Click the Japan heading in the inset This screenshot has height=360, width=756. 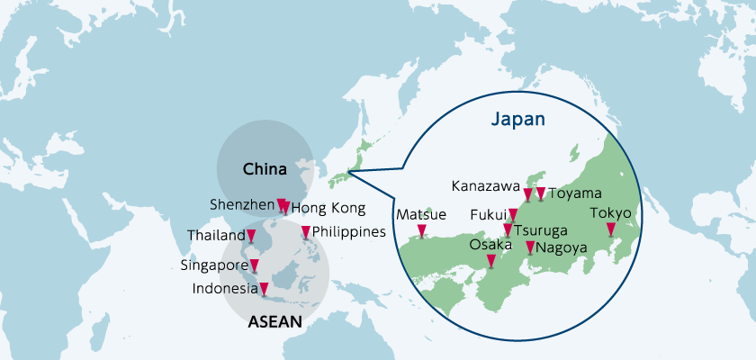pos(519,118)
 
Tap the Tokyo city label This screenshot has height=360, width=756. pos(611,213)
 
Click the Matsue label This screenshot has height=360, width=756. pos(420,214)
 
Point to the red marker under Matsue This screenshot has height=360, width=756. pos(421,231)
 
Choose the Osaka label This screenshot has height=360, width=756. pos(491,245)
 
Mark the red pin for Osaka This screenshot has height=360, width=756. pos(490,261)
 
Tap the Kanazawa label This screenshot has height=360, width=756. pos(486,187)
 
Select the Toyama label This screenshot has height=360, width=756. pos(575,193)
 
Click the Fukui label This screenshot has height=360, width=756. pos(488,215)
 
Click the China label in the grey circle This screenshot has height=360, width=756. pos(265,169)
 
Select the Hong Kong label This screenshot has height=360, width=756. pos(328,209)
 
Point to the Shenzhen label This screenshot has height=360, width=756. pos(241,204)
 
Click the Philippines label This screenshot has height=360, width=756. pos(349,231)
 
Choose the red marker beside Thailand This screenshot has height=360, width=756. pos(252,237)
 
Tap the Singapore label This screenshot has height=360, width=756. pos(214,265)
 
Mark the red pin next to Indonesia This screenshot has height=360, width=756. pos(264,288)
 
